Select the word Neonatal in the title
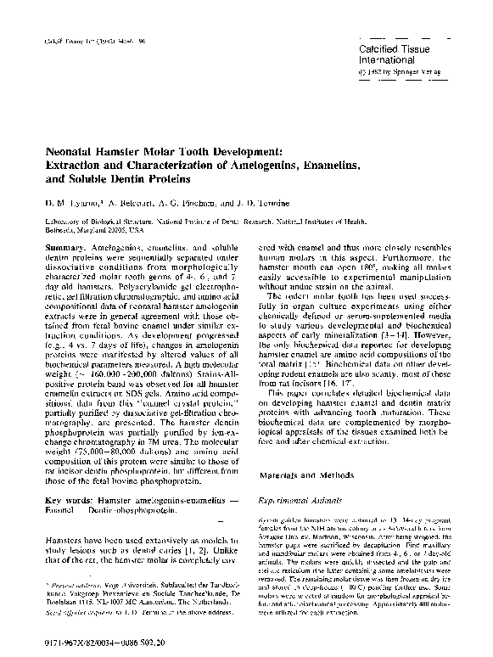(75, 149)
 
